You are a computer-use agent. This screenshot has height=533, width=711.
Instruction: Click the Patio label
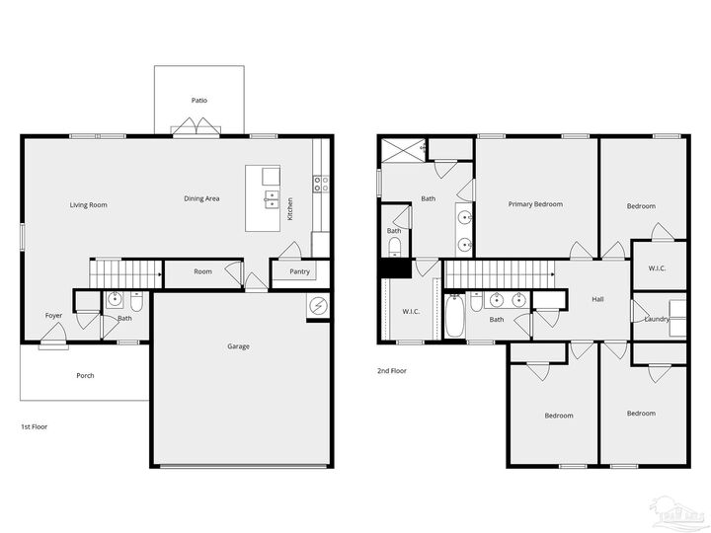click(x=198, y=101)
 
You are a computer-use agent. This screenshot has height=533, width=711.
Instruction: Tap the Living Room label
click(x=88, y=205)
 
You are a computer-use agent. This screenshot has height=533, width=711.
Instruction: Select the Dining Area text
click(x=201, y=198)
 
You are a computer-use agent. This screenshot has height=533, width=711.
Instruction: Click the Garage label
click(x=238, y=346)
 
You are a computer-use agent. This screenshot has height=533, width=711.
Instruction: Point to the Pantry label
click(x=298, y=272)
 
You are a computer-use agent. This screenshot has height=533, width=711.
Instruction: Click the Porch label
click(x=86, y=376)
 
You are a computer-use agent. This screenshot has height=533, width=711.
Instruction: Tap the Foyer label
click(x=53, y=316)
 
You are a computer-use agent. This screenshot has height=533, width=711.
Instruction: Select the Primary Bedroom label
click(x=535, y=204)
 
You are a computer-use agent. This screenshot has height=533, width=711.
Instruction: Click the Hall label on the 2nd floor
click(x=597, y=299)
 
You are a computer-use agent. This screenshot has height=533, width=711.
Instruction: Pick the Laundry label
click(x=657, y=319)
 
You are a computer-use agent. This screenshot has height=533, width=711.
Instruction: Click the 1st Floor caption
click(x=35, y=427)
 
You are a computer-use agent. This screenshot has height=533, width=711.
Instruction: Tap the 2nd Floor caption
click(x=391, y=371)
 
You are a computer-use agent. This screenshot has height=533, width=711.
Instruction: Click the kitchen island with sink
click(x=270, y=198)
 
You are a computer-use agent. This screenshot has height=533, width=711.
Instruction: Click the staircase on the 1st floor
click(x=126, y=269)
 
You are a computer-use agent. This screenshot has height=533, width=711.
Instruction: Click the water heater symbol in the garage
click(x=317, y=306)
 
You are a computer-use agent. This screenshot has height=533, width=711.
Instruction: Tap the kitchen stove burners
click(x=321, y=183)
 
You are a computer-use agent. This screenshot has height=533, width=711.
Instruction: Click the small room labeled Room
click(x=202, y=272)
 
